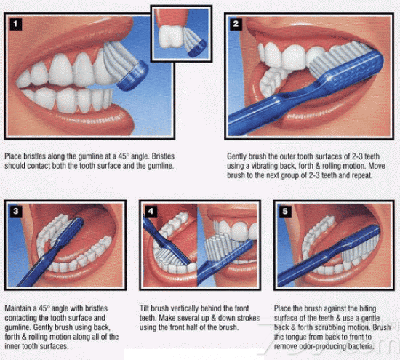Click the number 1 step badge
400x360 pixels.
pos(15,24)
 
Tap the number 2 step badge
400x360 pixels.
pos(236,24)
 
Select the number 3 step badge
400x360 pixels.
pos(16,212)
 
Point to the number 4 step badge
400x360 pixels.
pos(151,212)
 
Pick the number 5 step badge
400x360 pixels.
pos(285,212)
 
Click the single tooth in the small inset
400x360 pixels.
pos(171,36)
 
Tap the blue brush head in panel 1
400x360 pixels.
pos(133,76)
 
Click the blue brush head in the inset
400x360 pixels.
pos(197,49)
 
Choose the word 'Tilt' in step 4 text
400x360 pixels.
pos(145,308)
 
